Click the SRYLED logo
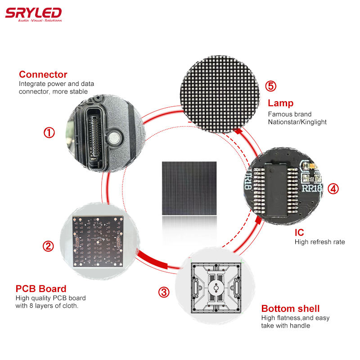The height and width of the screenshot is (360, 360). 33,14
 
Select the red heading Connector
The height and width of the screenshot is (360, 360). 43,74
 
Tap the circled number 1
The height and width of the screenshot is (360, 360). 49,133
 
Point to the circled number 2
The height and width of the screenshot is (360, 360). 48,246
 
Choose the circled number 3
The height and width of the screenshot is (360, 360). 164,292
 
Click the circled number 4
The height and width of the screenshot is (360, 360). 333,189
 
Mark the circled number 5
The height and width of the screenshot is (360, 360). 271,86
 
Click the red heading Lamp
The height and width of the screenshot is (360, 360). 280,103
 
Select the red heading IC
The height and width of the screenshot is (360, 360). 299,233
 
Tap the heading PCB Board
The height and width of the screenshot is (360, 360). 41,288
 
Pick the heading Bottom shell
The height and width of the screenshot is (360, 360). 290,309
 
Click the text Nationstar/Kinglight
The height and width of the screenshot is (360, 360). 297,122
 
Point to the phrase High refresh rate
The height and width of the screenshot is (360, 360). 320,242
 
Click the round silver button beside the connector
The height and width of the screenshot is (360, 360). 114,138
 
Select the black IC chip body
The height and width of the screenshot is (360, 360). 275,189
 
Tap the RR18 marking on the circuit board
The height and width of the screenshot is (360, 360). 311,188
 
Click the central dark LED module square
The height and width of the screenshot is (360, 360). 189,188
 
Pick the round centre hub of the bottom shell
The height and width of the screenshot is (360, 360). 216,288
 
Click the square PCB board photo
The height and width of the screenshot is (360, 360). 98,242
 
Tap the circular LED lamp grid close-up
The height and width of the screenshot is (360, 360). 220,94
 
